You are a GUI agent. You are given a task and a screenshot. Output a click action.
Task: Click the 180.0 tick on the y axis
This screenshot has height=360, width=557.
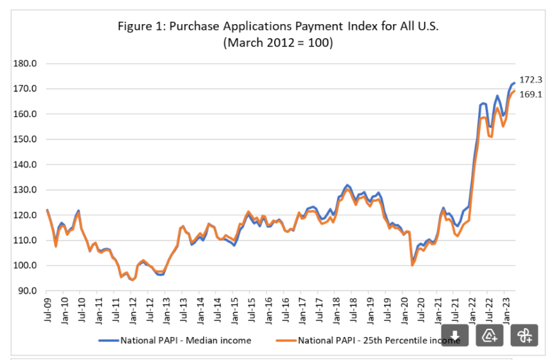tap(25, 64)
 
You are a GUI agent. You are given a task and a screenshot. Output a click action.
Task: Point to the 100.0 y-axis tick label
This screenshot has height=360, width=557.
tap(25, 265)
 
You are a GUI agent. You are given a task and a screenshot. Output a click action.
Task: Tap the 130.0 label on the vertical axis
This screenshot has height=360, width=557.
tap(25, 190)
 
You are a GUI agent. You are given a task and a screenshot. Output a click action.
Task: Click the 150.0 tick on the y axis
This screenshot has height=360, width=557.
tap(25, 139)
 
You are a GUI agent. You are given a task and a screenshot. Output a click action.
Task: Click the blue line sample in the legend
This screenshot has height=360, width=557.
tap(109, 340)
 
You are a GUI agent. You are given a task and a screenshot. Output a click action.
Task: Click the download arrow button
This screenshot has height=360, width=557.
tap(455, 336)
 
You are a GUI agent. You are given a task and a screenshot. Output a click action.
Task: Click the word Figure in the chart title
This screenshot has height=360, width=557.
tap(134, 27)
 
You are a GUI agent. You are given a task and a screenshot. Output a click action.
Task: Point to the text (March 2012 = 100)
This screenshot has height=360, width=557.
tap(278, 43)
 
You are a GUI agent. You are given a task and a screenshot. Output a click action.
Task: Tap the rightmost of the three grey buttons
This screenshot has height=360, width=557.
tap(523, 336)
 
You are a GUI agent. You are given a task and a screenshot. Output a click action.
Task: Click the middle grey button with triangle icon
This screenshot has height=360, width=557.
tap(490, 336)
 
